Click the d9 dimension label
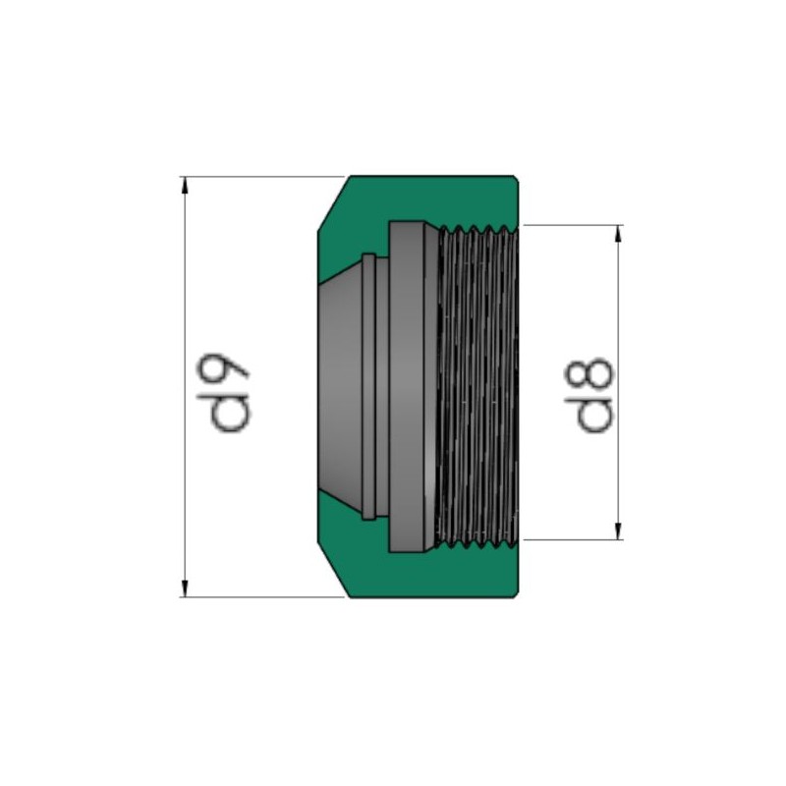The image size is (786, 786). pyautogui.click(x=223, y=394)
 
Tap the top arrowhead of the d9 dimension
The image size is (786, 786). pyautogui.click(x=185, y=185)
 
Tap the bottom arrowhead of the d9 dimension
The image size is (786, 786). pyautogui.click(x=185, y=589)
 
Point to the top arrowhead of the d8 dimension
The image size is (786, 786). pyautogui.click(x=619, y=234)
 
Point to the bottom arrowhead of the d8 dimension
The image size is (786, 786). pyautogui.click(x=619, y=532)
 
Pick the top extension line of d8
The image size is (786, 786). pyautogui.click(x=572, y=226)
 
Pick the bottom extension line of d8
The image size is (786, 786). pyautogui.click(x=572, y=540)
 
